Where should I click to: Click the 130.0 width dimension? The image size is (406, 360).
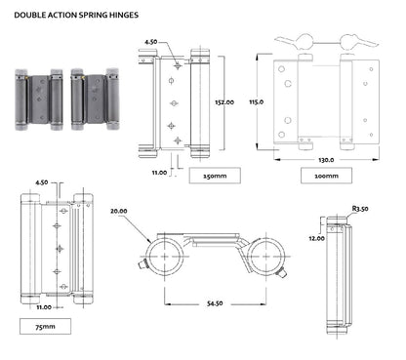point(325,159)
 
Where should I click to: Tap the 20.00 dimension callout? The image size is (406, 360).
point(119,210)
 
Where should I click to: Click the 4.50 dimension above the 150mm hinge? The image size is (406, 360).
point(149,42)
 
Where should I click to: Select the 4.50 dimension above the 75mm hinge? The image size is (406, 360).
point(41,182)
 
